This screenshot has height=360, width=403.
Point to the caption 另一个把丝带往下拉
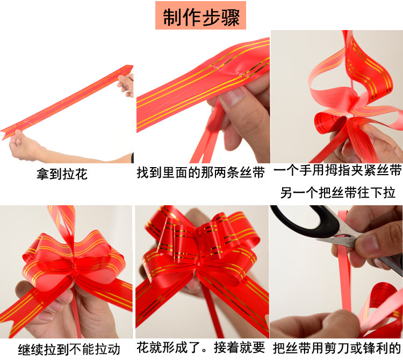337,192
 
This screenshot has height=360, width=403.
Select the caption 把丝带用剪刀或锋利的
337,348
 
